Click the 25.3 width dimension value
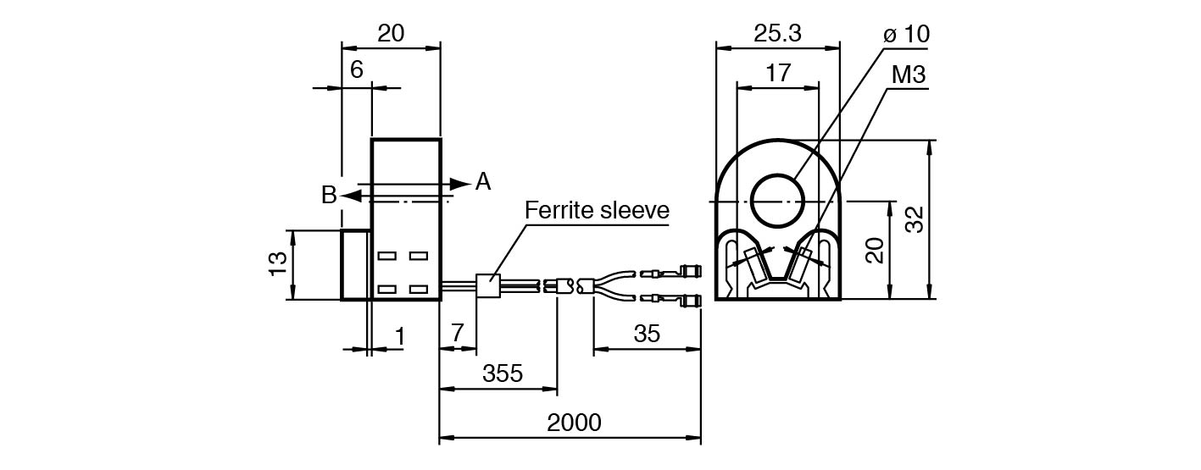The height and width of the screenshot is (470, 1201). click(x=777, y=33)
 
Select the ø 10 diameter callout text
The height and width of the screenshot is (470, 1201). click(x=905, y=35)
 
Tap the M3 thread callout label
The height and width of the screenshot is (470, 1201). click(x=908, y=75)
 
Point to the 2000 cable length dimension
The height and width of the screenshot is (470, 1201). click(x=574, y=423)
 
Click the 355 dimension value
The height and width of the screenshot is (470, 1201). click(x=503, y=373)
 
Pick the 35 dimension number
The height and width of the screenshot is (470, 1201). click(x=647, y=334)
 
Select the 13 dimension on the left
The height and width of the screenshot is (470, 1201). click(x=277, y=264)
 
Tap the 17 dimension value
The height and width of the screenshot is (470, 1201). click(x=777, y=73)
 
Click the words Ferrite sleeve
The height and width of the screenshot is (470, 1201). click(x=597, y=210)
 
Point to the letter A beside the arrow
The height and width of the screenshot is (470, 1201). click(x=482, y=181)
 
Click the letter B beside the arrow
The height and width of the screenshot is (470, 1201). click(x=329, y=196)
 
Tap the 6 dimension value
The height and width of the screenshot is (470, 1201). click(x=356, y=70)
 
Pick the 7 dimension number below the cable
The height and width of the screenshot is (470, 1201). click(x=458, y=334)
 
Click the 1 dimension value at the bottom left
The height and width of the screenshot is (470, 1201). click(x=399, y=337)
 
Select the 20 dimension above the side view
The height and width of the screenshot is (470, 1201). click(x=391, y=33)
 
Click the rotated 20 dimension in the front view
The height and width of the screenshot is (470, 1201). click(x=876, y=250)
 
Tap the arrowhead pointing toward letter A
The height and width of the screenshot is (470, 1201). click(x=460, y=183)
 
